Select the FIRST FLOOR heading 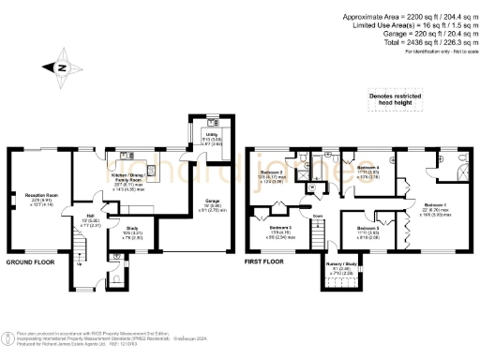coord(262,263)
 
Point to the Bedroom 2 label coord(271,172)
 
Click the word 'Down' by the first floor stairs coord(318,214)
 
